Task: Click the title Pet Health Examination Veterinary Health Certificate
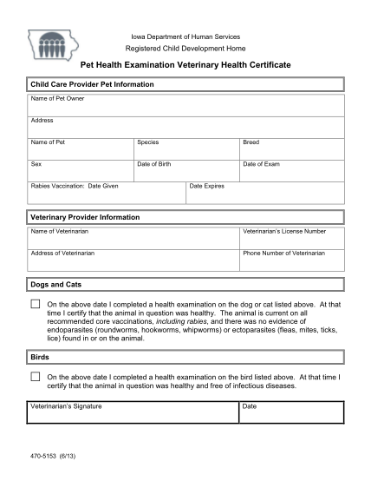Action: (x=185, y=65)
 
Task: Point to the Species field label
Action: (x=147, y=141)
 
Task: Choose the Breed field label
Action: (x=251, y=141)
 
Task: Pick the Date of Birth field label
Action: (x=154, y=163)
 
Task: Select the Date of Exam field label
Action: (x=261, y=163)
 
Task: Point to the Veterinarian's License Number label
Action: (x=284, y=232)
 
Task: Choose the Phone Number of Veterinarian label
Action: (x=283, y=253)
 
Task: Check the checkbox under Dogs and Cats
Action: (x=35, y=305)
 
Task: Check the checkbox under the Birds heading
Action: (x=35, y=377)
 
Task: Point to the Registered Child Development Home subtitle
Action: (x=185, y=48)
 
